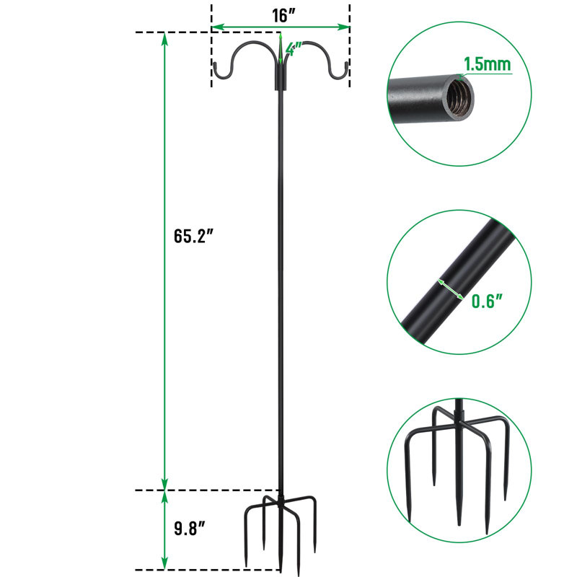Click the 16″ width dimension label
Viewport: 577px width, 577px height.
tap(283, 16)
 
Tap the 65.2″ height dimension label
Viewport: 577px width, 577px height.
tap(193, 236)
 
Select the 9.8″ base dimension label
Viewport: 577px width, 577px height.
tap(189, 529)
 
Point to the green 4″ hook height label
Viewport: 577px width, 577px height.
tap(294, 49)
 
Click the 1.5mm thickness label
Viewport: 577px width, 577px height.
tap(488, 64)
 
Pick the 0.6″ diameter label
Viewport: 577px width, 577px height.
tap(487, 301)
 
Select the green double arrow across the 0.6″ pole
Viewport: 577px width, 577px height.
tap(450, 289)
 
